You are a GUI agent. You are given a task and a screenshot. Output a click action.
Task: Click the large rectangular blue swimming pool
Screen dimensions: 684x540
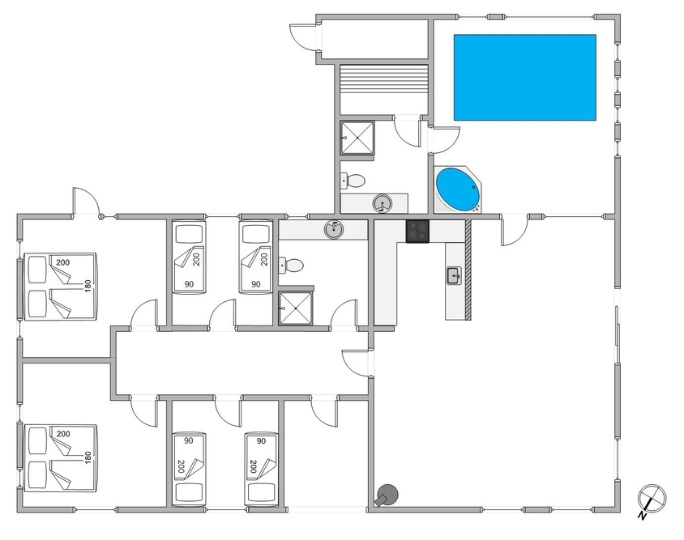pyautogui.click(x=525, y=77)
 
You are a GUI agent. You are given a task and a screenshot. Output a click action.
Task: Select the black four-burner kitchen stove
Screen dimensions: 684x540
pyautogui.click(x=417, y=231)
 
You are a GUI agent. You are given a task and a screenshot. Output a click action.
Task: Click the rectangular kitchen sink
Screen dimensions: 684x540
pyautogui.click(x=454, y=276)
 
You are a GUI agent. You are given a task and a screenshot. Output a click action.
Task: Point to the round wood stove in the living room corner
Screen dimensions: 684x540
pyautogui.click(x=387, y=495)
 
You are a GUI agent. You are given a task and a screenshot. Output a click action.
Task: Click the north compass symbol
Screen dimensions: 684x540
pyautogui.click(x=652, y=500)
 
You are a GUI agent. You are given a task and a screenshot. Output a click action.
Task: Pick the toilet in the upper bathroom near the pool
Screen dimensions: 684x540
pyautogui.click(x=353, y=181)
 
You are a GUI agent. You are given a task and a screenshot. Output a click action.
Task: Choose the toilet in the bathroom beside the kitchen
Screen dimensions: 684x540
pyautogui.click(x=291, y=266)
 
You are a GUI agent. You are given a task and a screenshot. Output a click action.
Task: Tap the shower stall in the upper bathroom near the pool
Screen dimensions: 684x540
pyautogui.click(x=357, y=138)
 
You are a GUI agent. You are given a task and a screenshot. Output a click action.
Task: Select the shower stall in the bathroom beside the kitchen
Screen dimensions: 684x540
pyautogui.click(x=296, y=308)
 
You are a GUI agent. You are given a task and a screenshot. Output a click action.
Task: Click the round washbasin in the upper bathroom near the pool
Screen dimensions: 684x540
pyautogui.click(x=383, y=203)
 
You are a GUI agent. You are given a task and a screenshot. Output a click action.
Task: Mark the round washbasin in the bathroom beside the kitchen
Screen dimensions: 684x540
pyautogui.click(x=334, y=229)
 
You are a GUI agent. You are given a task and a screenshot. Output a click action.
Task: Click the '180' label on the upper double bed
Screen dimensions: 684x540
pyautogui.click(x=88, y=286)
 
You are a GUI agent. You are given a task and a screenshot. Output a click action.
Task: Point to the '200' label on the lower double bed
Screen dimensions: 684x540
pyautogui.click(x=63, y=434)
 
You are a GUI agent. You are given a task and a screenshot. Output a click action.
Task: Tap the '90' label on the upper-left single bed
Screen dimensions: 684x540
pyautogui.click(x=189, y=284)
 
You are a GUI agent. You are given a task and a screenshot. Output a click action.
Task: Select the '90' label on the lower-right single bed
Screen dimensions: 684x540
pyautogui.click(x=261, y=441)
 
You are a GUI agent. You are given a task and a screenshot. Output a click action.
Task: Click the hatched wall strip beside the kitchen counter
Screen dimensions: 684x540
pyautogui.click(x=468, y=270)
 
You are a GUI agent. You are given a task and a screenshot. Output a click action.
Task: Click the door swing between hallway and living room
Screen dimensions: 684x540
pyautogui.click(x=356, y=362)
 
